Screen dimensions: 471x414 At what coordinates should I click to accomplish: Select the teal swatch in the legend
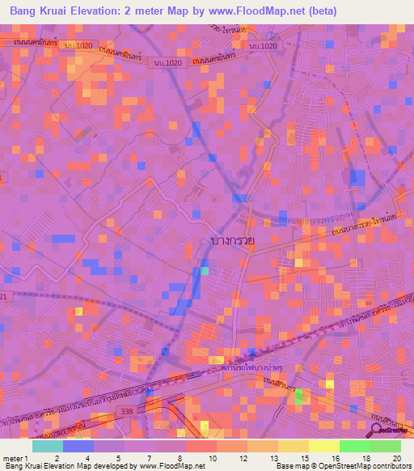click(48, 445)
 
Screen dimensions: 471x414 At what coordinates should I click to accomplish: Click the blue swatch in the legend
click(78, 445)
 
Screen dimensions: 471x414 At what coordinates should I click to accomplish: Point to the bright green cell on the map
click(299, 396)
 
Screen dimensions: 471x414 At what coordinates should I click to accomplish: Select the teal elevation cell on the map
click(204, 271)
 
